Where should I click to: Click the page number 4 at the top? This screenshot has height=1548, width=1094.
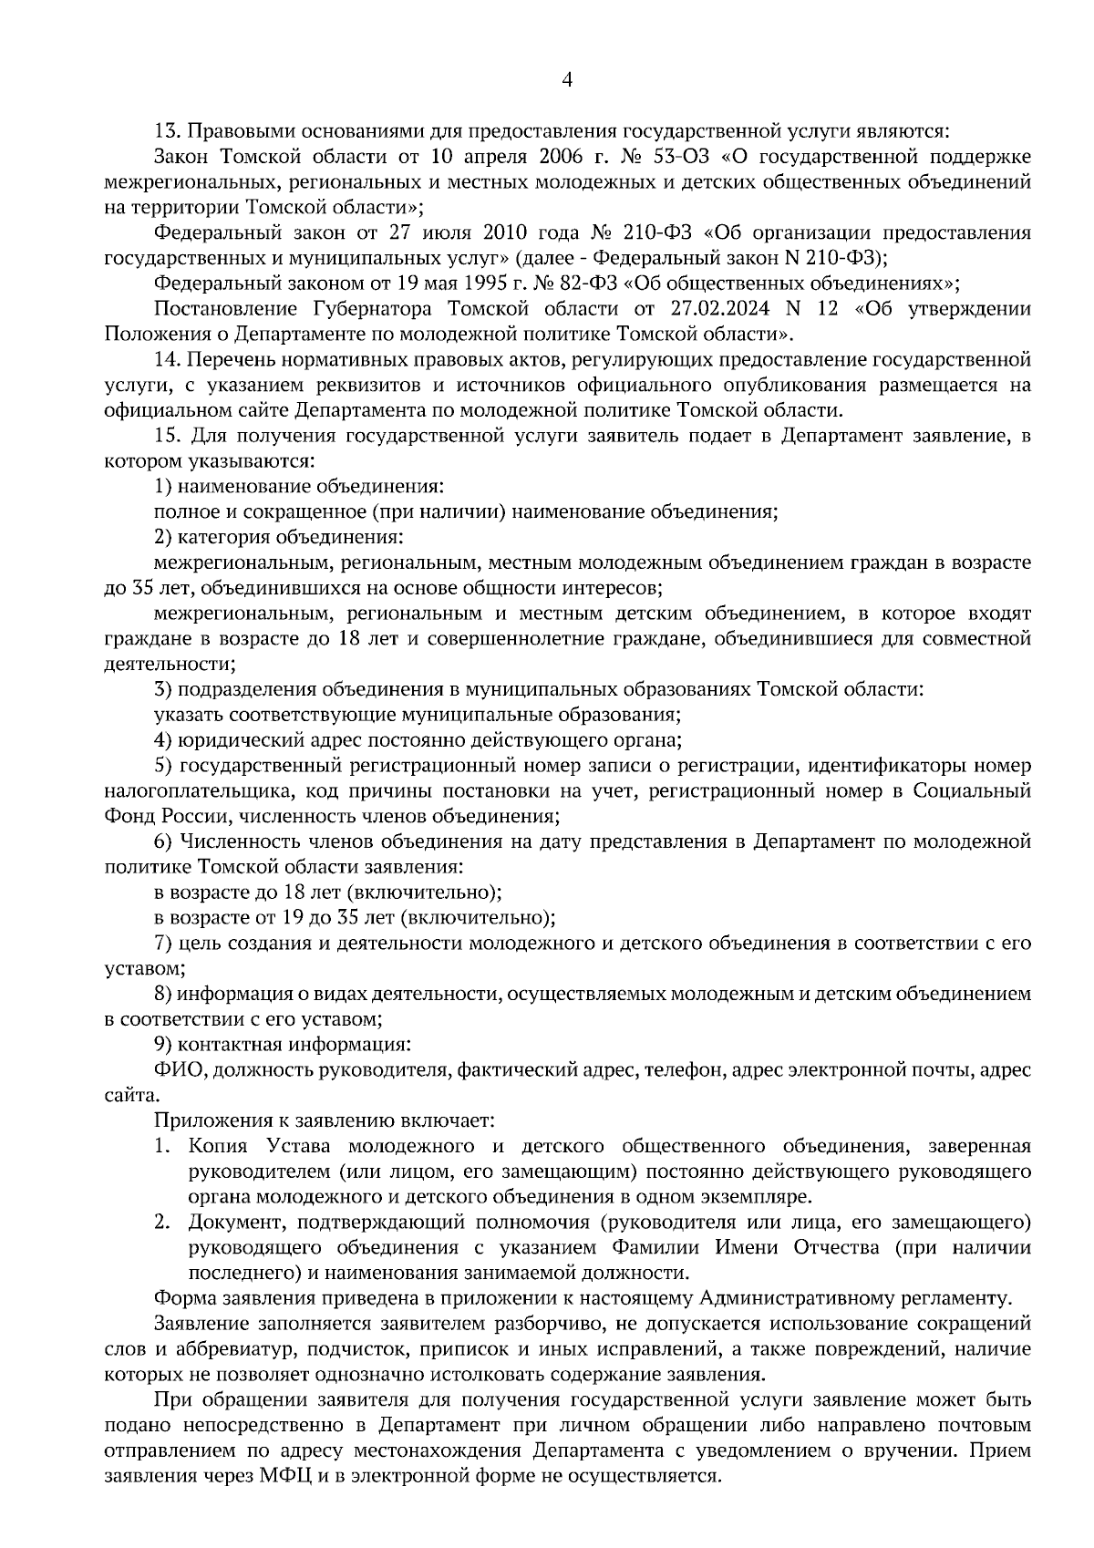point(567,80)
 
